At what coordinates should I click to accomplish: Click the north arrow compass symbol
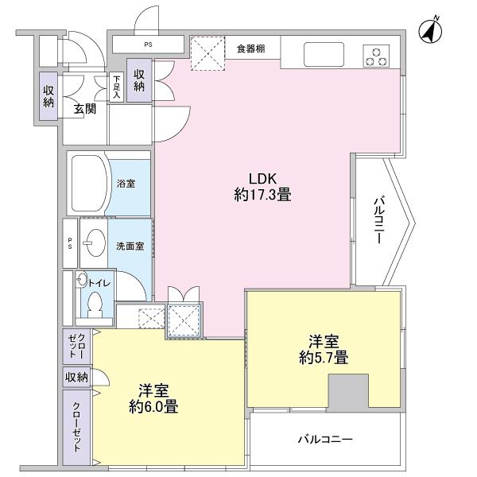click(x=431, y=30)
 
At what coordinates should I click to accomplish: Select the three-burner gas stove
click(x=377, y=56)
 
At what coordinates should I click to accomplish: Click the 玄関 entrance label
click(x=85, y=110)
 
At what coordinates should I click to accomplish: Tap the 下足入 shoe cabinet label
click(x=116, y=87)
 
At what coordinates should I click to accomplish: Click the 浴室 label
click(x=126, y=184)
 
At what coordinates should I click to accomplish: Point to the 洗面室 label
click(x=130, y=246)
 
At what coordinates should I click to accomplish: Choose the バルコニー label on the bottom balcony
click(x=325, y=439)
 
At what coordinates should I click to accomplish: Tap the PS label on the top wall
click(x=148, y=45)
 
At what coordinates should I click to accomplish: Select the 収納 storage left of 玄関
click(x=48, y=96)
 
